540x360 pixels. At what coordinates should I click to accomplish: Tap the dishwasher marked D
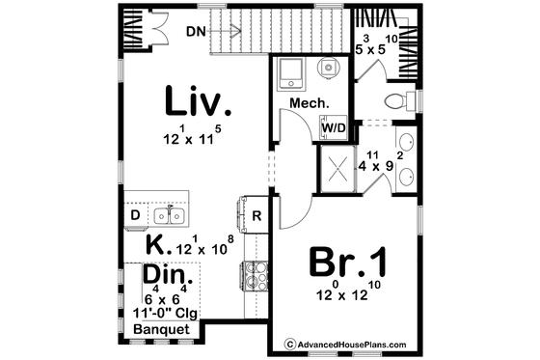click(135, 212)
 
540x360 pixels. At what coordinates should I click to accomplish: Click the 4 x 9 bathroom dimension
click(376, 165)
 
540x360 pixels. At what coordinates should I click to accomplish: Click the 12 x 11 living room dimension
click(193, 137)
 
